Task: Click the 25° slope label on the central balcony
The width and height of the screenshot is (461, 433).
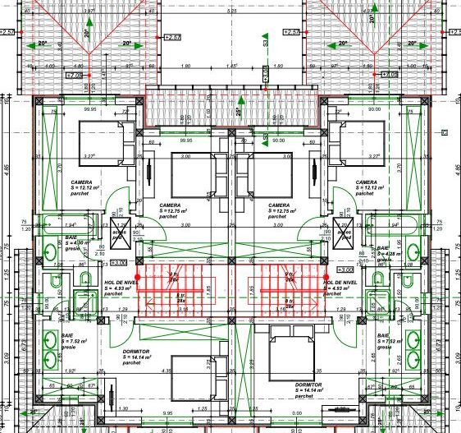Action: click(x=238, y=112)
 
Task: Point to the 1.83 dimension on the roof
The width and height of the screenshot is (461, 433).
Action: click(x=233, y=66)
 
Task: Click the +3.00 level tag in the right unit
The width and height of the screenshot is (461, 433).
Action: click(x=344, y=269)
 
